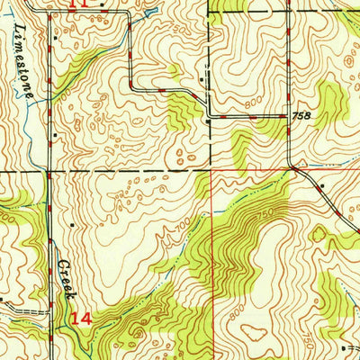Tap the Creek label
coord(67,279)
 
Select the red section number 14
coord(81,319)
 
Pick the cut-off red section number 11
coord(79,4)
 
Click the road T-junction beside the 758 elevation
coord(290,117)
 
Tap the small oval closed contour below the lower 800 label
coord(256,331)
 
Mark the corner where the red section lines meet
coord(211,170)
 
